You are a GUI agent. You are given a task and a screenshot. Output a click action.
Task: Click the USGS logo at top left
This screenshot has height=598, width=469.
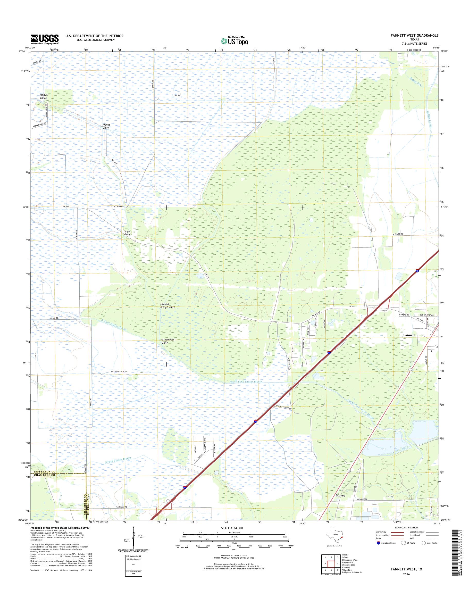(x=45, y=39)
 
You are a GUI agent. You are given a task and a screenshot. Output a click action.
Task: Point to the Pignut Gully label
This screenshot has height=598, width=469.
(x=106, y=126)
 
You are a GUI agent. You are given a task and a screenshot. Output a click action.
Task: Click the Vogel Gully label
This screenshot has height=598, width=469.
(x=127, y=233)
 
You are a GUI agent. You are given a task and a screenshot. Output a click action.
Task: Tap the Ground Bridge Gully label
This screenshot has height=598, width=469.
(x=167, y=305)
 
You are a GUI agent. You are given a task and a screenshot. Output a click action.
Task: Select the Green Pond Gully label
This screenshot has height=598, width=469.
(x=168, y=341)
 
